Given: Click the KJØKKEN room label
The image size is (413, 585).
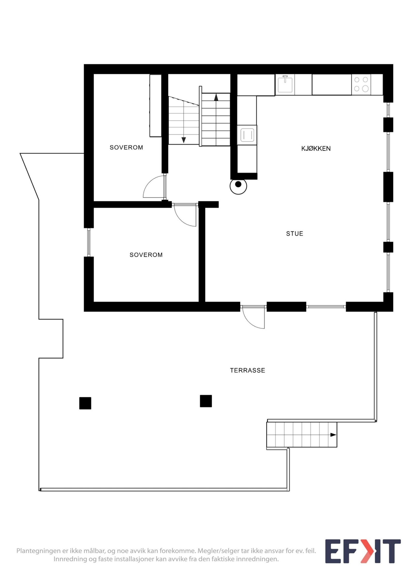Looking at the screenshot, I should [x=316, y=148].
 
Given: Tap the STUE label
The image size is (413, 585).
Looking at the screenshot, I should [x=295, y=234].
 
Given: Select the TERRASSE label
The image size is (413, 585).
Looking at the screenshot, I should [x=248, y=370].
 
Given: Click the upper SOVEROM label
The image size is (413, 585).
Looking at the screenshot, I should [x=126, y=147].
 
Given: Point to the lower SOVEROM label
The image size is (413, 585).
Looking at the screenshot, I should [x=146, y=255].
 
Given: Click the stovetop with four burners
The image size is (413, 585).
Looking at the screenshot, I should [x=361, y=84].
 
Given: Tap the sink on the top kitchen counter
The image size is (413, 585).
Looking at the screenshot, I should [x=285, y=84].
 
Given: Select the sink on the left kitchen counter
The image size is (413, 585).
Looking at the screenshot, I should [x=247, y=135].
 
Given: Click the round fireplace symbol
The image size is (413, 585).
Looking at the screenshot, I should [x=238, y=184].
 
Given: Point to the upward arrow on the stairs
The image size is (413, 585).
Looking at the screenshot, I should [x=216, y=97].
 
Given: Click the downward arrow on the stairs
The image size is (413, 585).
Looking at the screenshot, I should [x=184, y=140].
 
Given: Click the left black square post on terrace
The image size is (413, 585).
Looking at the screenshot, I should [x=85, y=403].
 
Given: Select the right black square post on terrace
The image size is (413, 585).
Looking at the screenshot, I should [x=206, y=401].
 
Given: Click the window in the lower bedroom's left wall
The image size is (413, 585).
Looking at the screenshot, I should [x=89, y=242].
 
